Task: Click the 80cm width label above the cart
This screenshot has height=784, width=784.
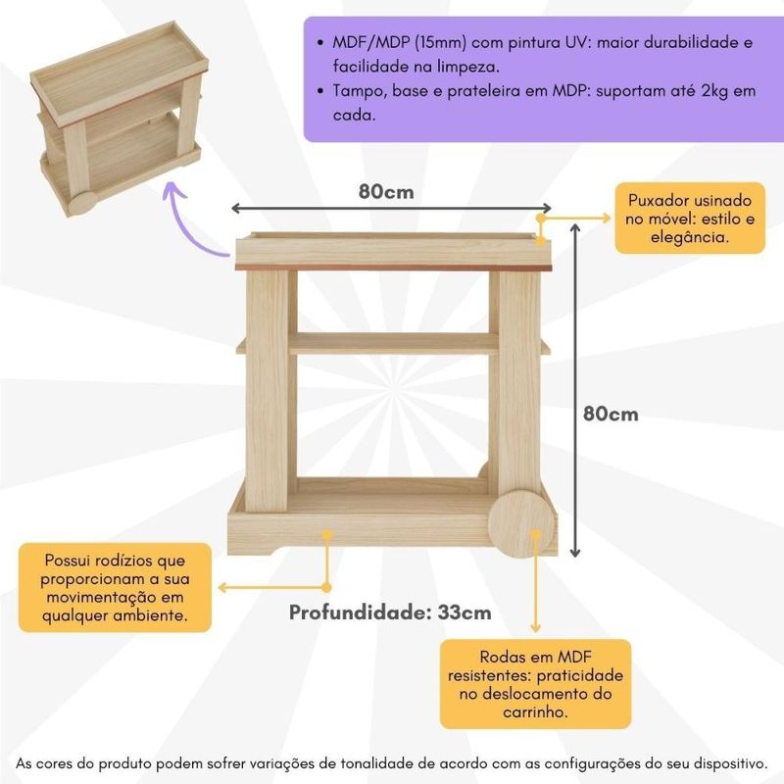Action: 386,191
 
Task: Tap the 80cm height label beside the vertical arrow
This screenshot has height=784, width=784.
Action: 611,414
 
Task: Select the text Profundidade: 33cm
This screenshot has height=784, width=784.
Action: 390,612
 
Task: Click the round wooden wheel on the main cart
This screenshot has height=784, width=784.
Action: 521,523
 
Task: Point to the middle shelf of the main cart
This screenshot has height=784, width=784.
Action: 394,344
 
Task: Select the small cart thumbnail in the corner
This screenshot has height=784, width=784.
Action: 119,118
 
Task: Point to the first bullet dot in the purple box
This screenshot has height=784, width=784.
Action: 320,43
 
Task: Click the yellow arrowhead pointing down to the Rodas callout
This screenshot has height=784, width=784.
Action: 535,627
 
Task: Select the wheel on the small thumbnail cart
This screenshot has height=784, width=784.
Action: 82,204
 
